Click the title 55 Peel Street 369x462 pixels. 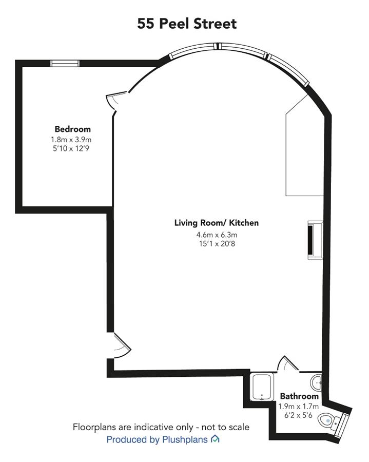click(187, 24)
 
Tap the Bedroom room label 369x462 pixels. click(72, 129)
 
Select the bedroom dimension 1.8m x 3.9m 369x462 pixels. click(71, 139)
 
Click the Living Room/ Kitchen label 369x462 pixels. click(217, 223)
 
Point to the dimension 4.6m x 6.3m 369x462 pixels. click(217, 235)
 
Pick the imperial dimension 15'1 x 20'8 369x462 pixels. click(217, 244)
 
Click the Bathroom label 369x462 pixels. click(299, 396)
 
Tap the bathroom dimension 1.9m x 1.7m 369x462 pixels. click(299, 407)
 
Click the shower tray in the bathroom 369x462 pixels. click(262, 387)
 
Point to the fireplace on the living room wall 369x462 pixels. click(315, 240)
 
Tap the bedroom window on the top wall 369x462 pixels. click(65, 63)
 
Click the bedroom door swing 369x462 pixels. click(116, 100)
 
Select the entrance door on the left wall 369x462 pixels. click(121, 345)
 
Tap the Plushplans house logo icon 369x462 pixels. click(215, 439)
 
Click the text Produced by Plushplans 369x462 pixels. click(157, 439)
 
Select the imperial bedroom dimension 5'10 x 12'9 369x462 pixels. click(71, 148)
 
